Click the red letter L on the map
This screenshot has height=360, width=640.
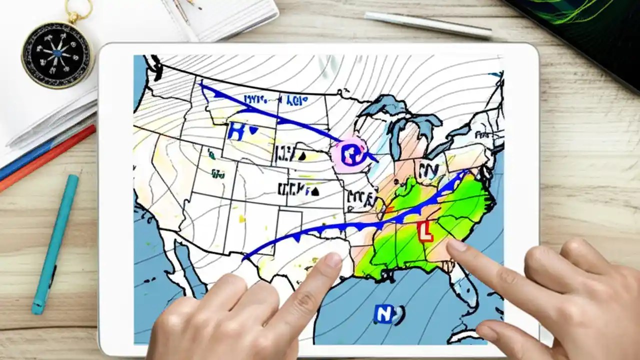[425, 231]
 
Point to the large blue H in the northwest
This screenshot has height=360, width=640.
[235, 131]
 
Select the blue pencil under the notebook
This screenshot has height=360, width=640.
[25, 160]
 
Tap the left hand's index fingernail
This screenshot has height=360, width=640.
[332, 260]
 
